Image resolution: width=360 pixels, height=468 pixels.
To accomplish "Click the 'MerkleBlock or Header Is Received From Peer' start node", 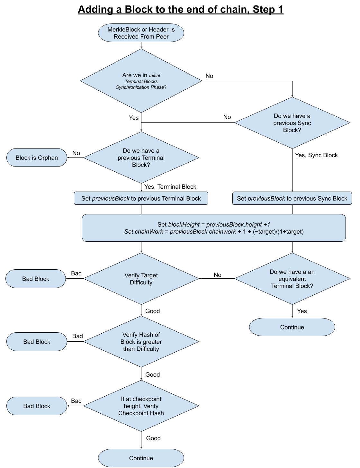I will click(141, 33).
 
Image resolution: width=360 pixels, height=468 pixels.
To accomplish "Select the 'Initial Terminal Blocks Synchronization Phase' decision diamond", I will click(141, 81).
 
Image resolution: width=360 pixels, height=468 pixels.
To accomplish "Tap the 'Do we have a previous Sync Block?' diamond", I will click(292, 123).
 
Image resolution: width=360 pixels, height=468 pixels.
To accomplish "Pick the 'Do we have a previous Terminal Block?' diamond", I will click(141, 157).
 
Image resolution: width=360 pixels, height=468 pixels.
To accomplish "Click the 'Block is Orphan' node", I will click(37, 157).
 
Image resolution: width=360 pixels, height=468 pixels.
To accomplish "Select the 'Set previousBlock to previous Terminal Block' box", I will click(141, 198).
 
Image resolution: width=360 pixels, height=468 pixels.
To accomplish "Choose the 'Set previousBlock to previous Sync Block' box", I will click(292, 198).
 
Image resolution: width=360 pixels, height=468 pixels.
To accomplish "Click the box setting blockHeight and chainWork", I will click(214, 228).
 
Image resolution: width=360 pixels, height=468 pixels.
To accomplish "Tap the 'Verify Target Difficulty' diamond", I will click(141, 279).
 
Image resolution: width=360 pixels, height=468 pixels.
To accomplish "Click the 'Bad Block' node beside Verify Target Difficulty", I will click(36, 279).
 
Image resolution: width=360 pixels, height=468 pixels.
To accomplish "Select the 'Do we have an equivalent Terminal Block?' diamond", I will click(292, 279).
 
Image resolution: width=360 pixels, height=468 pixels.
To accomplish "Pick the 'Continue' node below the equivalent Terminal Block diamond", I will click(292, 327).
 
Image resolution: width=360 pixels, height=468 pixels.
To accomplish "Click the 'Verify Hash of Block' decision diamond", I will click(141, 342).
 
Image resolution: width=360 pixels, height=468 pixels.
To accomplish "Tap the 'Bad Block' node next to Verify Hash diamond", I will click(37, 342).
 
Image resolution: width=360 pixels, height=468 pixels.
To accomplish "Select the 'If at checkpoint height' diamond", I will click(141, 406).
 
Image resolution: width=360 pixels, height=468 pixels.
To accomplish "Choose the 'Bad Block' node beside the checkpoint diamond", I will click(37, 406).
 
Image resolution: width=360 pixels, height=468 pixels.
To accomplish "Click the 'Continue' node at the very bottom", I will click(141, 458).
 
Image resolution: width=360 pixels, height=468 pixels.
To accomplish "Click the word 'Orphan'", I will click(48, 158).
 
